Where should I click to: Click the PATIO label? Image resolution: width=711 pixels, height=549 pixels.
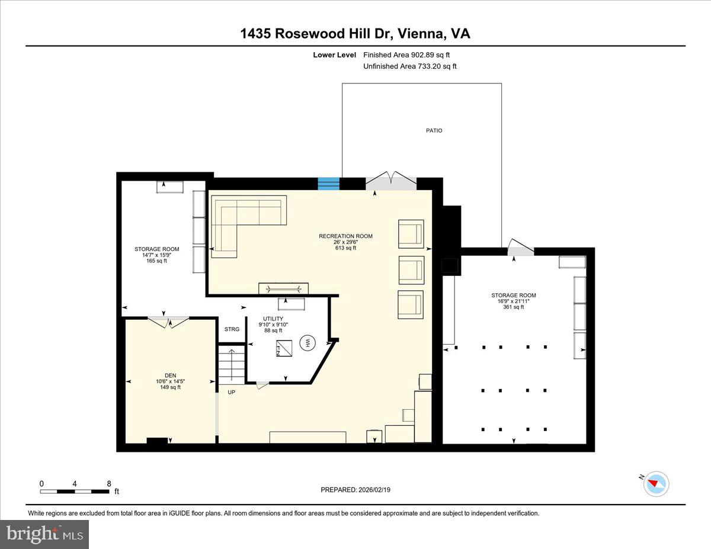(434, 130)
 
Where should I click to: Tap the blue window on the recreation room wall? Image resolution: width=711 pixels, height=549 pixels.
(328, 184)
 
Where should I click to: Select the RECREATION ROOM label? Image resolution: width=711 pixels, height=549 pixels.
(345, 236)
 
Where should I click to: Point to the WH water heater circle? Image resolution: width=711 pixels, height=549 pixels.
(308, 342)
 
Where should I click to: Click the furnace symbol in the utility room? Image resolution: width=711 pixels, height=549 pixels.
(283, 348)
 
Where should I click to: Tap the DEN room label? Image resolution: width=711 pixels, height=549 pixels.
(170, 375)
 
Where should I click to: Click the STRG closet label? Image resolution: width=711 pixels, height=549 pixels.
(232, 329)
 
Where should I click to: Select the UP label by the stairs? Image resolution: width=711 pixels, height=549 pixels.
(232, 392)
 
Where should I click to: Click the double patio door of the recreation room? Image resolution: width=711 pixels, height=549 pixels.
(391, 181)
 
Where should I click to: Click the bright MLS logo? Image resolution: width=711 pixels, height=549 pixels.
(44, 534)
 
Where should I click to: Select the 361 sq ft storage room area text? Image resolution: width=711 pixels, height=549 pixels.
(514, 307)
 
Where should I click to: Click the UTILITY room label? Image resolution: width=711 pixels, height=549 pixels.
(273, 319)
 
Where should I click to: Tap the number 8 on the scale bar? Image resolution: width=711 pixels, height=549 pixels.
(108, 483)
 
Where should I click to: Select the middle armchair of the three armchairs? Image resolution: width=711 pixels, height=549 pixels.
(411, 269)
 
